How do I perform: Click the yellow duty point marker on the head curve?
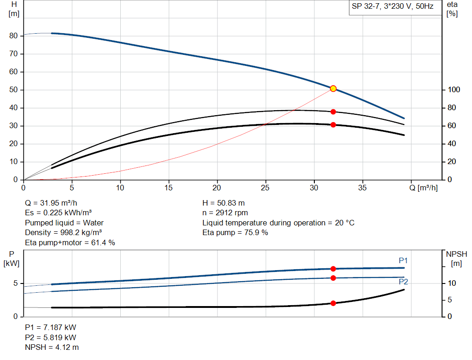[x=333, y=89]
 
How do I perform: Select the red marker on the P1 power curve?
[x=333, y=269]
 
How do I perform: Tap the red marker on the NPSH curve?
[x=333, y=303]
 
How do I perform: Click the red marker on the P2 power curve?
[x=333, y=277]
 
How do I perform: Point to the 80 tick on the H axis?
[x=13, y=36]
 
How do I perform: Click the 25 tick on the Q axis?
[x=265, y=188]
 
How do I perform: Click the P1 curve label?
[x=403, y=261]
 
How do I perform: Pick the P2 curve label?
[x=403, y=282]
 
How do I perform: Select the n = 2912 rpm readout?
[x=225, y=213]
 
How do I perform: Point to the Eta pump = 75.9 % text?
[x=235, y=232]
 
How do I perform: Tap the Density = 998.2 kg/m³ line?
[x=63, y=232]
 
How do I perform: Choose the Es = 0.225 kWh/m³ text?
[x=58, y=213]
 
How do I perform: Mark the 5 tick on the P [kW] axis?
[x=15, y=283]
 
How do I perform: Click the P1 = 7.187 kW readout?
[x=50, y=327]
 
